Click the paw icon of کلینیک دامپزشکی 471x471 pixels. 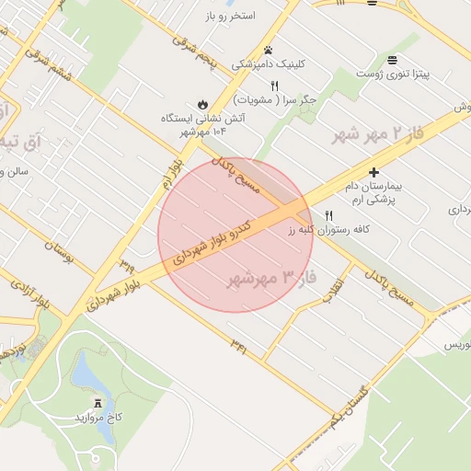(x=268, y=50)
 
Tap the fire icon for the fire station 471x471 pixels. (x=202, y=104)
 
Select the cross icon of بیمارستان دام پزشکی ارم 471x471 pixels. (x=373, y=172)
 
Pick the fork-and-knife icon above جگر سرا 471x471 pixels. (x=274, y=85)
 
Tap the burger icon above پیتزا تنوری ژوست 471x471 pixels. (x=393, y=57)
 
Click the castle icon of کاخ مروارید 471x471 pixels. (x=98, y=403)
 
